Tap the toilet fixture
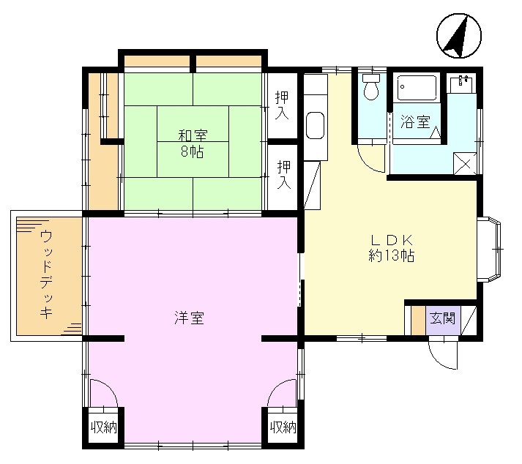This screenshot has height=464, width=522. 371,89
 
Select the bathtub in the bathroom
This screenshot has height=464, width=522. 417,89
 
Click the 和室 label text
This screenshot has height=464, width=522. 193,135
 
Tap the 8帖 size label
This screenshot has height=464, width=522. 193,152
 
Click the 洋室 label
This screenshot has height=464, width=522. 189,318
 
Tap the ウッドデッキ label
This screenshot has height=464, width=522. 46,274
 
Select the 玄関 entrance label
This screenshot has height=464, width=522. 442,319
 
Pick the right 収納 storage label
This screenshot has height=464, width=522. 283,427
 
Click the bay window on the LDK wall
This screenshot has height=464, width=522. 491,249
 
